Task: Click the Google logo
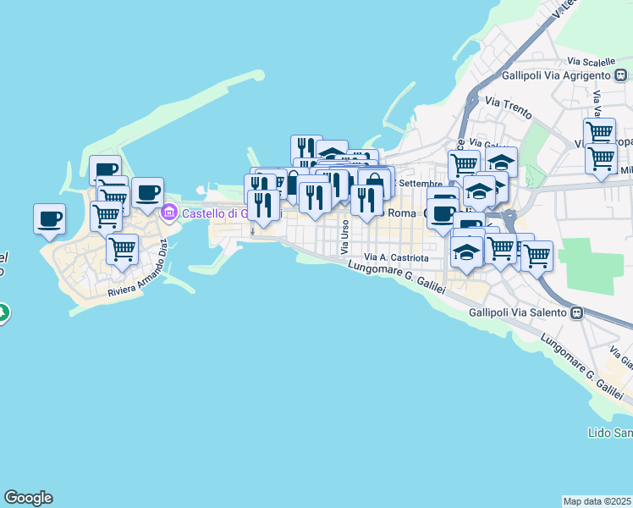tap(28, 498)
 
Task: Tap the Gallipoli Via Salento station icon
tap(576, 312)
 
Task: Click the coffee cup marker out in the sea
tap(49, 219)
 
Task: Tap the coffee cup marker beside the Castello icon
tap(147, 193)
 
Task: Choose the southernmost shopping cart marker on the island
tap(122, 250)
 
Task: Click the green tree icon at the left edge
tap(3, 312)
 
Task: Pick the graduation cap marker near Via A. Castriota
tap(467, 251)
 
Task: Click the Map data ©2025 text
tap(597, 501)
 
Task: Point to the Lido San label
tap(609, 433)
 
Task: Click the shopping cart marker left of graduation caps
tap(463, 164)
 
